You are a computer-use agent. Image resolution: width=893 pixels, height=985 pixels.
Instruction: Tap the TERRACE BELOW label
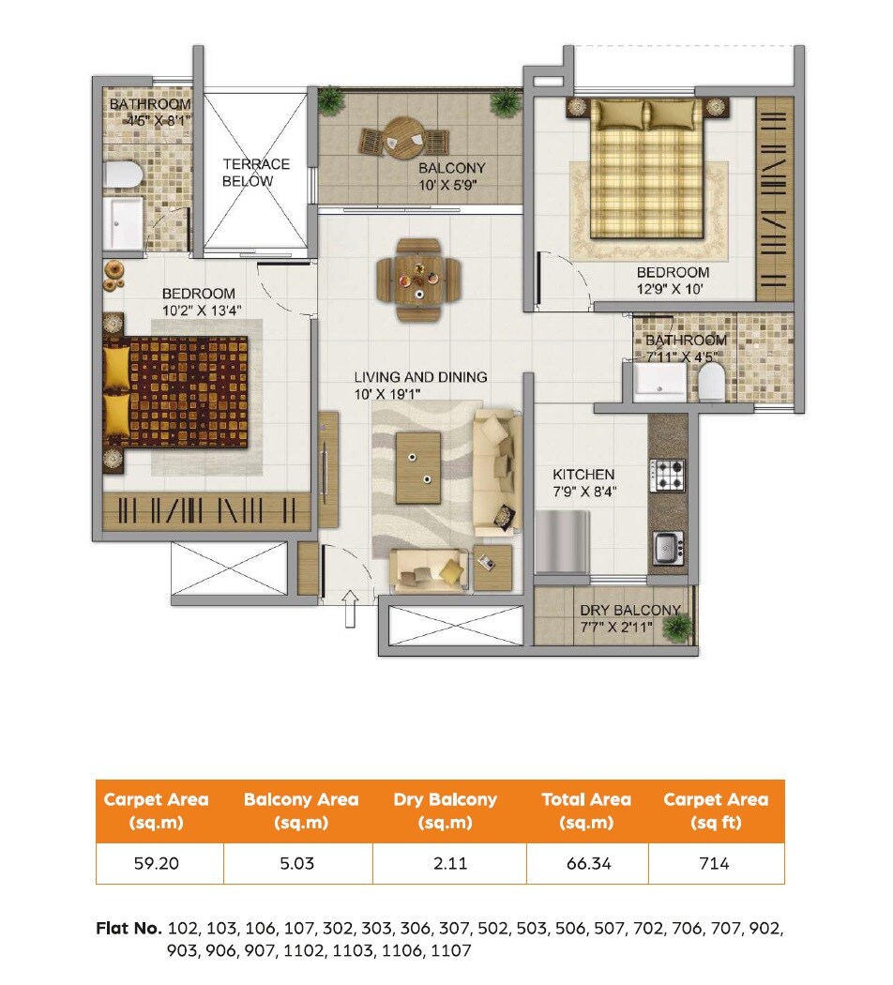(256, 173)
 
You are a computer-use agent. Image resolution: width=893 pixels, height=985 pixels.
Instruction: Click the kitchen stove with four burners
(669, 475)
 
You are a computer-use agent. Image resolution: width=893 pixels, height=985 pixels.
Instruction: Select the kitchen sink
(668, 548)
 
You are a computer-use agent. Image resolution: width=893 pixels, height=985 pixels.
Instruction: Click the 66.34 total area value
(586, 863)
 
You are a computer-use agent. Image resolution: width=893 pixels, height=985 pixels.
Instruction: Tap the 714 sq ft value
(715, 863)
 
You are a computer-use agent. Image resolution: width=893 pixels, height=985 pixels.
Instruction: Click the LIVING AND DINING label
(420, 377)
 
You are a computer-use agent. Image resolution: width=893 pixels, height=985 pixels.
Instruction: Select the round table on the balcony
(403, 140)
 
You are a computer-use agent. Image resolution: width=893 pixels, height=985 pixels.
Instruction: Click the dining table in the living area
(419, 279)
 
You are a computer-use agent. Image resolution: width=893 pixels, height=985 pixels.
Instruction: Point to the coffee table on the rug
(418, 466)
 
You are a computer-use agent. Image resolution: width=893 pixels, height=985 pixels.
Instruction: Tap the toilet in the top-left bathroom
(124, 174)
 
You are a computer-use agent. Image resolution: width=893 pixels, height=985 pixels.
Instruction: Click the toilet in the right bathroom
(712, 382)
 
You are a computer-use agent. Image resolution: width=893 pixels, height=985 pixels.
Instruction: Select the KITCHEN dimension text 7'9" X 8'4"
(584, 491)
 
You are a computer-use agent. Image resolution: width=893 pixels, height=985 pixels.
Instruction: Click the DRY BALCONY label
(629, 610)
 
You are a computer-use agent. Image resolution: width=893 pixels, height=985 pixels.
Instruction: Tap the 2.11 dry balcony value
(450, 863)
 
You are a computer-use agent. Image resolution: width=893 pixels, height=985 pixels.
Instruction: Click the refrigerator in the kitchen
(562, 541)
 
